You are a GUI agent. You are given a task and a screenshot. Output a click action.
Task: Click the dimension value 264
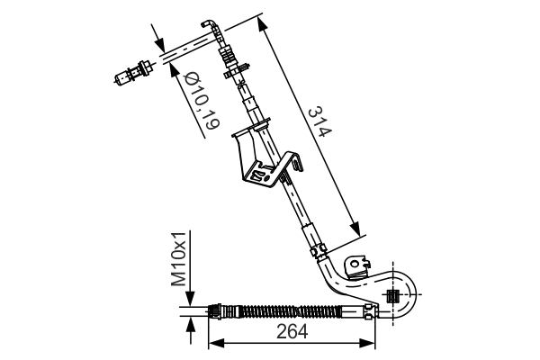(x=292, y=331)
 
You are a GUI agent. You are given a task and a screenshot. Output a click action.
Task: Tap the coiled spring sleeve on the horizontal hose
(x=279, y=311)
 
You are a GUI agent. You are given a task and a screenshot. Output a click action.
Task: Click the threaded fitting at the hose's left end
(x=215, y=311)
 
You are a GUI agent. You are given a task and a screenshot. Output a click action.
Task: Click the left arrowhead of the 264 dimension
(x=214, y=343)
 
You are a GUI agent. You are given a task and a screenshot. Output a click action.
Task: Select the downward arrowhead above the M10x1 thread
(x=189, y=303)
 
